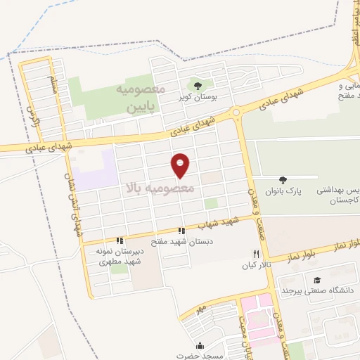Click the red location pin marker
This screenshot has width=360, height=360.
point(181,165)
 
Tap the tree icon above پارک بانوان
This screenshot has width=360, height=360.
point(283,180)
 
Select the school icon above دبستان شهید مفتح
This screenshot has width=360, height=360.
point(181,230)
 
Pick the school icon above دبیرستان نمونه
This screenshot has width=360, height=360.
point(121,240)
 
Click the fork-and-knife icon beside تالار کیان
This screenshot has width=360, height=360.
point(257,254)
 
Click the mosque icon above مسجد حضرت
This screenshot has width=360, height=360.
point(200,345)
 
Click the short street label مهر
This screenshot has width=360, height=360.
point(200,309)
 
